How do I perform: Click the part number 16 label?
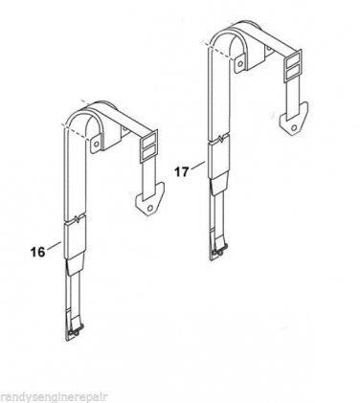click(37, 252)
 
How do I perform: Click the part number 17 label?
click(182, 172)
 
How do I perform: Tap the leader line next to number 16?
click(54, 245)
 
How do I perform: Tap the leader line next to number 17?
click(197, 166)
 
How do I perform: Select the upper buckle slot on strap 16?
click(148, 140)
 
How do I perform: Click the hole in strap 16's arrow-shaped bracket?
click(150, 208)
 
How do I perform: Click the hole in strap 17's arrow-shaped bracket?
click(294, 127)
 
